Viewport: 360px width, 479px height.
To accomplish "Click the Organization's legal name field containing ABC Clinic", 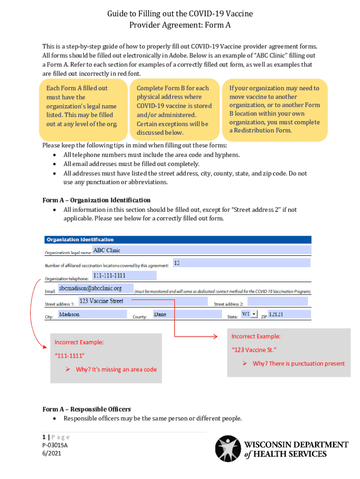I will tap(201, 251).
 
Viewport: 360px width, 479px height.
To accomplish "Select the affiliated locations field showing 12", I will tap(241, 263).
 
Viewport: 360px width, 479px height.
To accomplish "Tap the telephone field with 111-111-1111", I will tap(124, 276).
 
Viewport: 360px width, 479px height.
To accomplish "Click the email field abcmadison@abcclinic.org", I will tap(96, 289).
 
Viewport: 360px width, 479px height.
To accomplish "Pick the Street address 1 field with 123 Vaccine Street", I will tap(142, 301).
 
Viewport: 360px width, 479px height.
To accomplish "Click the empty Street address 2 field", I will tap(278, 301).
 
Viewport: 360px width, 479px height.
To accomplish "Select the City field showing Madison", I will tap(91, 314).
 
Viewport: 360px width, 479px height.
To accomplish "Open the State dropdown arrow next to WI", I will tap(254, 314).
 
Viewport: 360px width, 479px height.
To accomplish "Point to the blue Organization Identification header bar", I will tap(178, 239).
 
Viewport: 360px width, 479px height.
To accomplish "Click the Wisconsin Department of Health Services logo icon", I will tap(227, 449).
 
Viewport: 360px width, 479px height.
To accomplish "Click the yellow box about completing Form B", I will tap(174, 110).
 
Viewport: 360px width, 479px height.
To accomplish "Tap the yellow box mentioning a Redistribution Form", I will tap(275, 109).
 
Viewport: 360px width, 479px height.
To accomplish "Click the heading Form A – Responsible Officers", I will tap(86, 409).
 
